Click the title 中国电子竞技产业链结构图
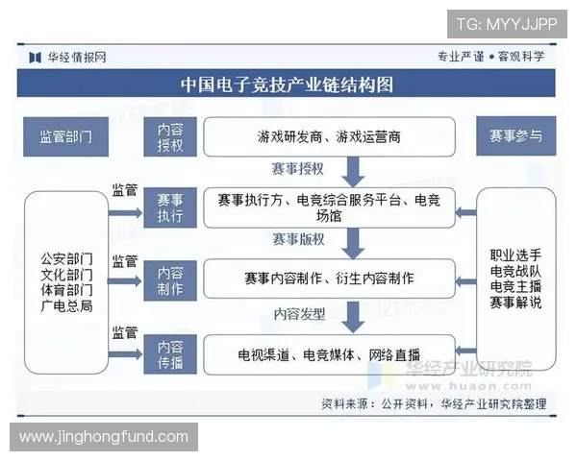coord(288,85)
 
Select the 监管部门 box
coord(65,136)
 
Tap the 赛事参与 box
coord(516,136)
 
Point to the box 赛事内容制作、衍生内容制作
coord(328,279)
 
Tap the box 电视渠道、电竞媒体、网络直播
coord(328,353)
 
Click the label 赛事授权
coord(297,169)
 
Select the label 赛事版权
coord(297,239)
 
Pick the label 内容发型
coord(299,313)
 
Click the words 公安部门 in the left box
coord(66,259)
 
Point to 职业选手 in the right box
coord(515,255)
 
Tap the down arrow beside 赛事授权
coord(353,171)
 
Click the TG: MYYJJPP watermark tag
coord(506,23)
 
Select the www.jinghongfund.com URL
coord(104,437)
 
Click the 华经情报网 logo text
coord(77,57)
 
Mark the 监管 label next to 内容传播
coord(125,332)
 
